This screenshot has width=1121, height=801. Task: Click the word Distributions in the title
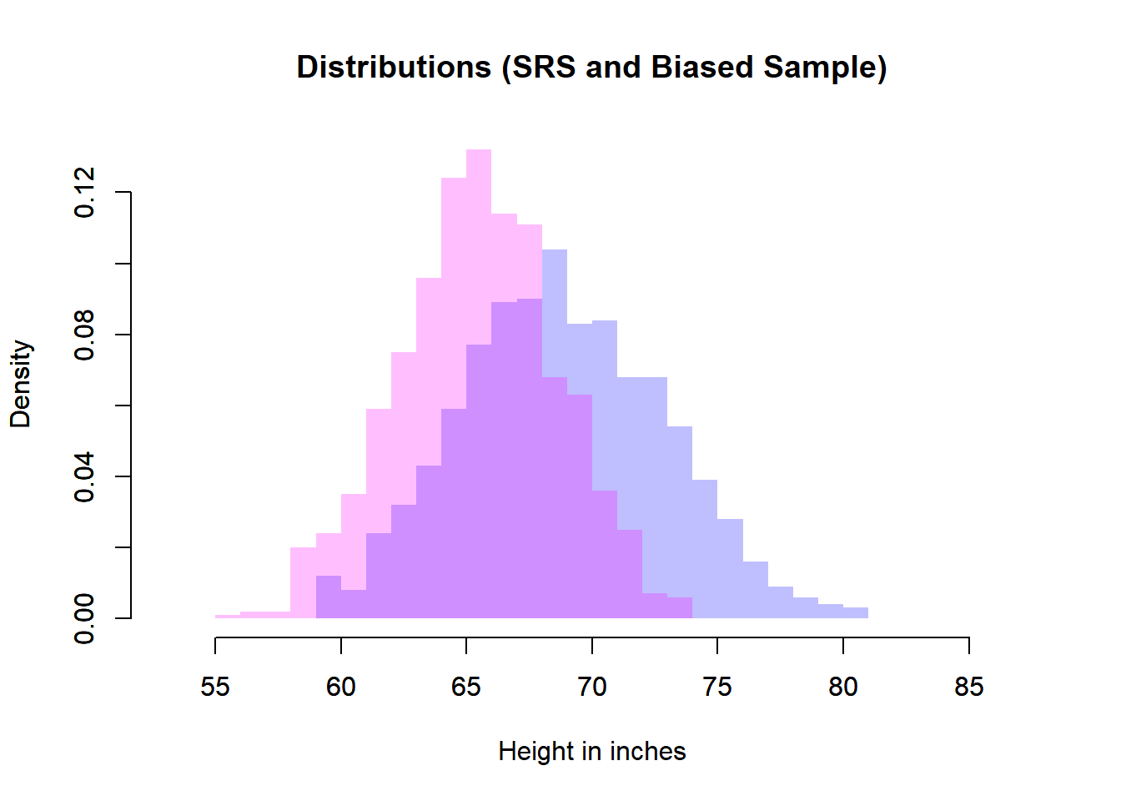coord(394,68)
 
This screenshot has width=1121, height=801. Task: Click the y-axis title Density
coord(21,384)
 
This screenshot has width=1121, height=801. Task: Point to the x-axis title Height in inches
coord(591,752)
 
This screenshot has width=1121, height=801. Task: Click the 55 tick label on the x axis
coord(215,687)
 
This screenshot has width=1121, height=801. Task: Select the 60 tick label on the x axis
coord(341,687)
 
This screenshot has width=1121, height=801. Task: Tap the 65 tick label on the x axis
coord(466,687)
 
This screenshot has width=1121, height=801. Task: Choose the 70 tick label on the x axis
coord(592,687)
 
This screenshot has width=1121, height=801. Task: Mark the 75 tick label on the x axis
coord(717,687)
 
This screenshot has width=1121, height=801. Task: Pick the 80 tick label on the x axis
coord(843,687)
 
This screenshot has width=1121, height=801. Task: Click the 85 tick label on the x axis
coord(968,687)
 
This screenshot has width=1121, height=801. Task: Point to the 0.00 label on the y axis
coord(84,618)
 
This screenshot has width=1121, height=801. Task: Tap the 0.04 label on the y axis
coord(84,476)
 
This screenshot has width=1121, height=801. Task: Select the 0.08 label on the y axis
coord(84,335)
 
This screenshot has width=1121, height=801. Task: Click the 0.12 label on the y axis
coord(84,193)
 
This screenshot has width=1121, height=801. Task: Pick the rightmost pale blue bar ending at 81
coord(856,612)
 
